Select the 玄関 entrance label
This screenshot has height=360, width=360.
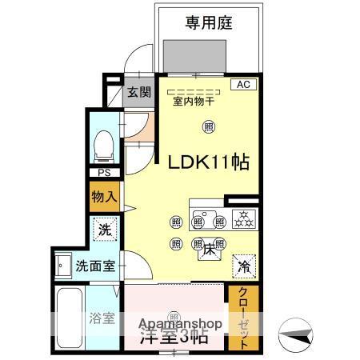(x=139, y=92)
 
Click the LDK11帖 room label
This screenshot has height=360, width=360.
(x=207, y=162)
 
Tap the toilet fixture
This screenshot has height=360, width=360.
(x=102, y=146)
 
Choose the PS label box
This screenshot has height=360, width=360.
(x=103, y=173)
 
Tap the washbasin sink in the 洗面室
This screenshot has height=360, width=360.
(x=63, y=265)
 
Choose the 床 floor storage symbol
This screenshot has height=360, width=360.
(x=210, y=250)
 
